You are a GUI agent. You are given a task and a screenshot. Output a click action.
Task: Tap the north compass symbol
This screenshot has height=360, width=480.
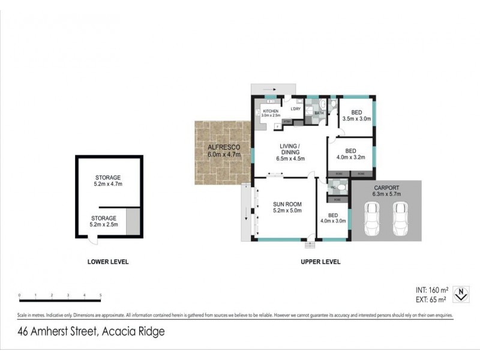[460, 295]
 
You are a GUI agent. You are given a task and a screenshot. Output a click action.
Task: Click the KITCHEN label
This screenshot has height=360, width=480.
[270, 112]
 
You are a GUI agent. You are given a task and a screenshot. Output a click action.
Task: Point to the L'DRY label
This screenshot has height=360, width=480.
[295, 109]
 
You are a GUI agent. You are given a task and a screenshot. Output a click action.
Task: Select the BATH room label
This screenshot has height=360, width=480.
[319, 113]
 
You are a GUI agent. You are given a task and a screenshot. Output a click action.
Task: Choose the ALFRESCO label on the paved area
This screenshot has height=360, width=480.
[224, 147]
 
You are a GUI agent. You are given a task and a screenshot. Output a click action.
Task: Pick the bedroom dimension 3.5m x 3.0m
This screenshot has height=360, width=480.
[356, 119]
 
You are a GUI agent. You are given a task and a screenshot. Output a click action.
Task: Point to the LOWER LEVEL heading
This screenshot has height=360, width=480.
[108, 262]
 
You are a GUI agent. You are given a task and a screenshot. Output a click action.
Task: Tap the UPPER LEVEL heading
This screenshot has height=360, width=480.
[320, 262]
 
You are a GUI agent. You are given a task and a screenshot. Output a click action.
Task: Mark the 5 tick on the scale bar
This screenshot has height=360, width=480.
[100, 295]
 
